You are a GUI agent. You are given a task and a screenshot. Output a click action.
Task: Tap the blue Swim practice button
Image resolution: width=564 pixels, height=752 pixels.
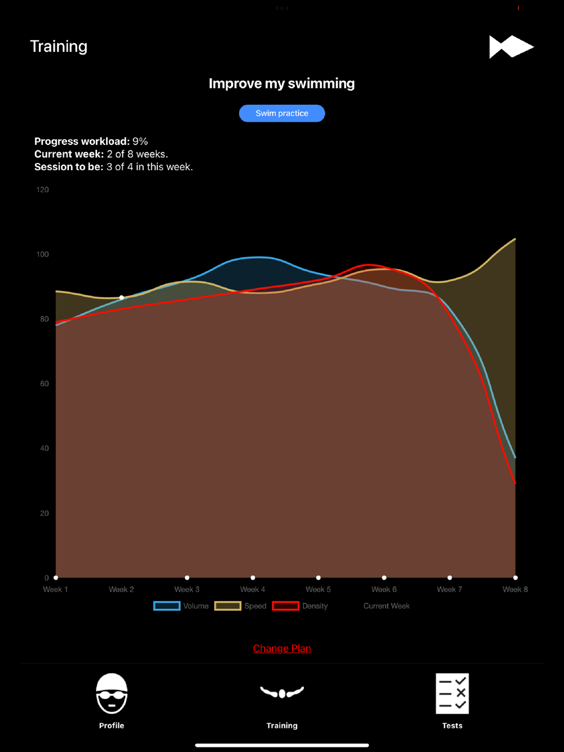[282, 113]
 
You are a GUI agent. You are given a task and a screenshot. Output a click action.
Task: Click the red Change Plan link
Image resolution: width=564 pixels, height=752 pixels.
[282, 648]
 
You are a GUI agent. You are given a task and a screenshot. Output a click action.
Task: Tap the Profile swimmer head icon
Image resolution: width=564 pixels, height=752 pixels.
[112, 693]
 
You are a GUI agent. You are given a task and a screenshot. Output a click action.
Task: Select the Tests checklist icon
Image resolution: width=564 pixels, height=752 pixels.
[452, 693]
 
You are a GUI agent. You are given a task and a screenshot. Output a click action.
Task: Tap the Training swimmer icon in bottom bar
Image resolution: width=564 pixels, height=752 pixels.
[282, 692]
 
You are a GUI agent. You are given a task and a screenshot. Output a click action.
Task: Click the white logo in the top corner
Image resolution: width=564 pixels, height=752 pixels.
[511, 47]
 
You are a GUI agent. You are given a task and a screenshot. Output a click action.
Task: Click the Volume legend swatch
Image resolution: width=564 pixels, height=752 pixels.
[167, 606]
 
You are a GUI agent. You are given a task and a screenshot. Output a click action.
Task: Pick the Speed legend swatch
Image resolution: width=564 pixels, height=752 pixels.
[228, 606]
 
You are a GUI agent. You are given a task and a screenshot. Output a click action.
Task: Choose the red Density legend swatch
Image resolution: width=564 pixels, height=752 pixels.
[286, 606]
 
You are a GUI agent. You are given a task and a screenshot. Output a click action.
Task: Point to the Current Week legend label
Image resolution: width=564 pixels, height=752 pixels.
[386, 606]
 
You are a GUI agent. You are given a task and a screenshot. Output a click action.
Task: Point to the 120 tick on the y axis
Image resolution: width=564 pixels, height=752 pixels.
[42, 189]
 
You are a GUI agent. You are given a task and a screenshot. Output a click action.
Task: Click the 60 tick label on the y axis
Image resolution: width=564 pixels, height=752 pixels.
[44, 383]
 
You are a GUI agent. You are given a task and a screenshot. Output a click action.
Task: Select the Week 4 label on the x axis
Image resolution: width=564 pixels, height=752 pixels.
[253, 589]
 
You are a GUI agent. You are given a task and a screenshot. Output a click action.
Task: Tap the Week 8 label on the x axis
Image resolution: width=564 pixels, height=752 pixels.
[515, 589]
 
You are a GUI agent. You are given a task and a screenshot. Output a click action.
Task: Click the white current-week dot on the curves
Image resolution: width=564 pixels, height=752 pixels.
[121, 298]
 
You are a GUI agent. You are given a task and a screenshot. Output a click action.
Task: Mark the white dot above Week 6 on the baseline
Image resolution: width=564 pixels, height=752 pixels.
[384, 577]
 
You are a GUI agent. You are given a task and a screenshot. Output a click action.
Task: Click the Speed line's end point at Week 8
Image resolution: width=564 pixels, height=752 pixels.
[515, 239]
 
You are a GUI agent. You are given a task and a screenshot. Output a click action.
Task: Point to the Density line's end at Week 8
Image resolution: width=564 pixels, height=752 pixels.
[515, 483]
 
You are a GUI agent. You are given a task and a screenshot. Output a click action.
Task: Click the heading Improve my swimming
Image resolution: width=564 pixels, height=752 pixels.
[282, 83]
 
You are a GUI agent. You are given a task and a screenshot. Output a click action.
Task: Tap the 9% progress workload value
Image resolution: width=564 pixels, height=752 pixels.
[140, 141]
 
